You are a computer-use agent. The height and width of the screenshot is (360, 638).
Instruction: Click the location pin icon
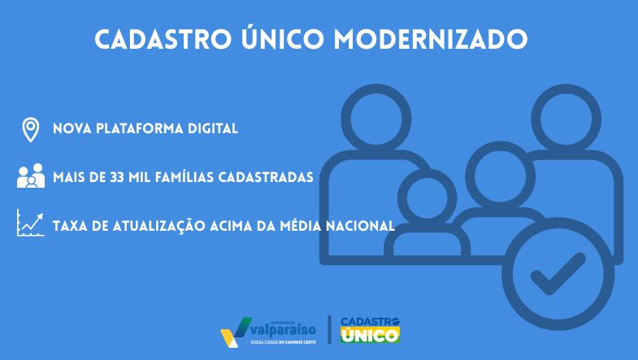tap(31, 129)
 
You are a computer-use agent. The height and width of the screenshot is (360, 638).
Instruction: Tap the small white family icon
tap(31, 176)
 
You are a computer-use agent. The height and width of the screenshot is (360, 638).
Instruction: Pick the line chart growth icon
tap(31, 223)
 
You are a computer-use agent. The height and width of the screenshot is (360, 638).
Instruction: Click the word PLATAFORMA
tap(138, 129)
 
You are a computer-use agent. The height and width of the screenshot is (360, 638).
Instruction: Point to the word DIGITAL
tap(212, 129)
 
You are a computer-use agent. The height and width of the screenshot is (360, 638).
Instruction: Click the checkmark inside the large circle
tap(557, 274)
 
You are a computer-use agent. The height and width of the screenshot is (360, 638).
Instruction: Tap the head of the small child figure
tap(431, 197)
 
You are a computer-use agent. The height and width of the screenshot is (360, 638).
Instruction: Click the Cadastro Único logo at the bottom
tap(371, 328)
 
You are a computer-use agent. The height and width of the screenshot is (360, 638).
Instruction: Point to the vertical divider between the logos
tap(329, 329)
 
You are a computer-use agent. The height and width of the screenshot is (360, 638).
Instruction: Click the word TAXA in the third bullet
tap(68, 225)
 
